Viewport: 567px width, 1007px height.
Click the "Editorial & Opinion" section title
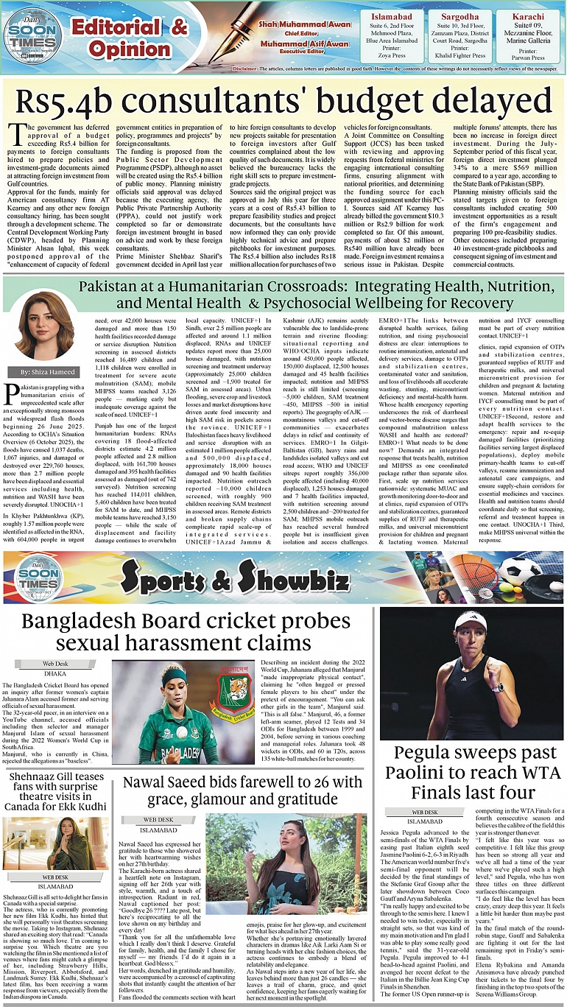tap(129, 38)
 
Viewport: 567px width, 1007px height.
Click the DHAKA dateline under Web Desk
tap(44, 673)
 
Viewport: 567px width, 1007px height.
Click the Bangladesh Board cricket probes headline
tap(184, 631)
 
